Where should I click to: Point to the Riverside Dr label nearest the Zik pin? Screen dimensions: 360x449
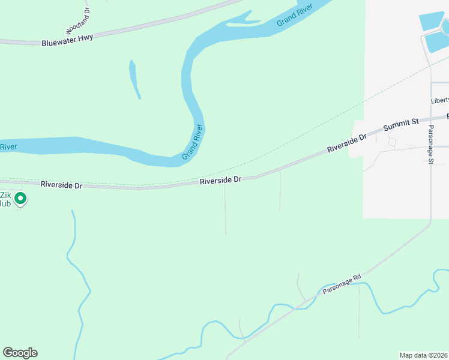(x=61, y=185)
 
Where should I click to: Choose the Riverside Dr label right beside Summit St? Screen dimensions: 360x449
(x=346, y=143)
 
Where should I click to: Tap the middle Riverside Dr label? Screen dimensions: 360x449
(x=220, y=179)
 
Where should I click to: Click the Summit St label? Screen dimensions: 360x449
(x=401, y=125)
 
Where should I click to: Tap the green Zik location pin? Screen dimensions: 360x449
(x=20, y=197)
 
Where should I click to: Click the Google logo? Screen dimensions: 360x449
(x=20, y=353)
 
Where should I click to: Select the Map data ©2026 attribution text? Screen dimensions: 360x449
(x=424, y=355)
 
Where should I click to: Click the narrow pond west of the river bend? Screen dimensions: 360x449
(x=134, y=79)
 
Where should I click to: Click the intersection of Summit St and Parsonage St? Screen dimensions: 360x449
(x=430, y=118)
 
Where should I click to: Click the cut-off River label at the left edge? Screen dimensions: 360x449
(x=8, y=147)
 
